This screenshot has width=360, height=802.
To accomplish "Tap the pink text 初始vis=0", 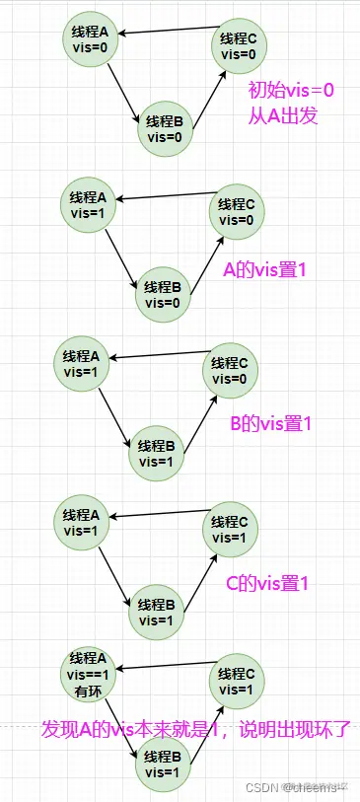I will [292, 91].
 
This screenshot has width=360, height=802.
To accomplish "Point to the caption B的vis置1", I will [270, 424].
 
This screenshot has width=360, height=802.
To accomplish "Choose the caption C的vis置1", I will [267, 583].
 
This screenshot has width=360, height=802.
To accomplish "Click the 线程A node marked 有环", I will [90, 675].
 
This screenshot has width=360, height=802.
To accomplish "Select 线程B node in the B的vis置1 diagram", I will [157, 453].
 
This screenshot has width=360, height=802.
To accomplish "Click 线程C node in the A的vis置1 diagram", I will [236, 211].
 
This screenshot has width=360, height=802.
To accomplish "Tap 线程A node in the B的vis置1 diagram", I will [82, 363].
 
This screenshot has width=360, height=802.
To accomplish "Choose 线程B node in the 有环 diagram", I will [164, 766].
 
